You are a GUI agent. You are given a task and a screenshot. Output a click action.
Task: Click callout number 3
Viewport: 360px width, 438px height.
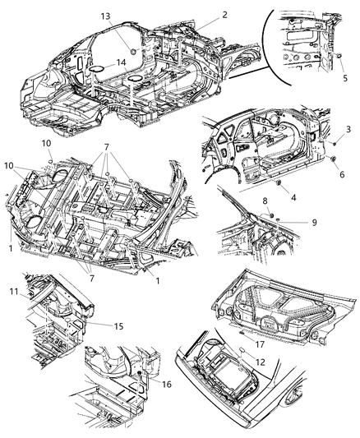pos(348,130)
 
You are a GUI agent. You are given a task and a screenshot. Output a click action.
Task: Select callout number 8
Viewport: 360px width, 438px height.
pos(265,201)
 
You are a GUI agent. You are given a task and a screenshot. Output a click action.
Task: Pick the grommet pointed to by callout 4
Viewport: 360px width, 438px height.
pos(279,180)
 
